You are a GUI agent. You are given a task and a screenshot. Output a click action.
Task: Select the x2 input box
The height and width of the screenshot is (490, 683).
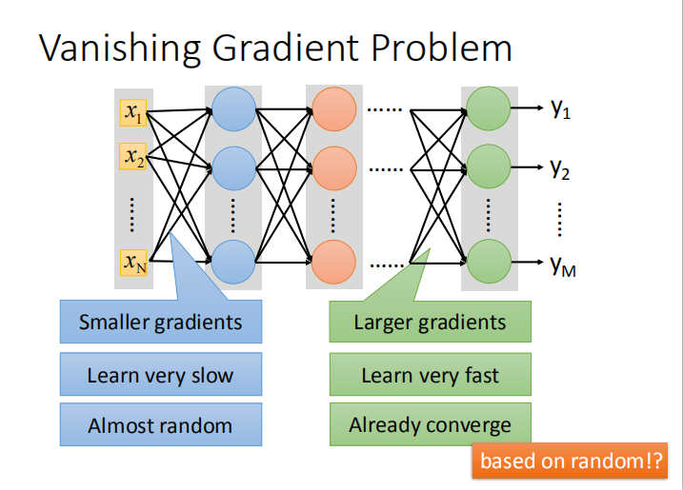(x=132, y=155)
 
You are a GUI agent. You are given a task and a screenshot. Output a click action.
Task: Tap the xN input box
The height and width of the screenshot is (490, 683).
(x=132, y=261)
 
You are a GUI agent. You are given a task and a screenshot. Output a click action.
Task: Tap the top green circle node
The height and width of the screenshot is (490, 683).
(x=488, y=109)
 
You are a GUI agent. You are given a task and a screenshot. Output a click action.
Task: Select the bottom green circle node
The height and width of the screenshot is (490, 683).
(x=488, y=261)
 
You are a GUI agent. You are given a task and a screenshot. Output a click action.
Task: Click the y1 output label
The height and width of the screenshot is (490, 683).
(x=560, y=110)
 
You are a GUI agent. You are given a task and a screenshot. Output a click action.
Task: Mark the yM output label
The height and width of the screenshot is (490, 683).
(x=563, y=266)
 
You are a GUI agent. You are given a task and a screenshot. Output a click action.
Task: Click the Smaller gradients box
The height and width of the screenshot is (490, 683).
(x=160, y=322)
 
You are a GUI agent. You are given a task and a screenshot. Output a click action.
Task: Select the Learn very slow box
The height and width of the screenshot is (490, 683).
(x=160, y=375)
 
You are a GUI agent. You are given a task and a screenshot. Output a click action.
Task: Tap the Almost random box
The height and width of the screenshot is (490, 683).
(x=160, y=425)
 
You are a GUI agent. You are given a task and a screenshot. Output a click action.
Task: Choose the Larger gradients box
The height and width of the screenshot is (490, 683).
(x=430, y=322)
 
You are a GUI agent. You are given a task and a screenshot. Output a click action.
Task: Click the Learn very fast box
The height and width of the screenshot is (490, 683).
(x=430, y=375)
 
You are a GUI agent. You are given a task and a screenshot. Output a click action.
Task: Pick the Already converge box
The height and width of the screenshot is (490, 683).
(x=430, y=425)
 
